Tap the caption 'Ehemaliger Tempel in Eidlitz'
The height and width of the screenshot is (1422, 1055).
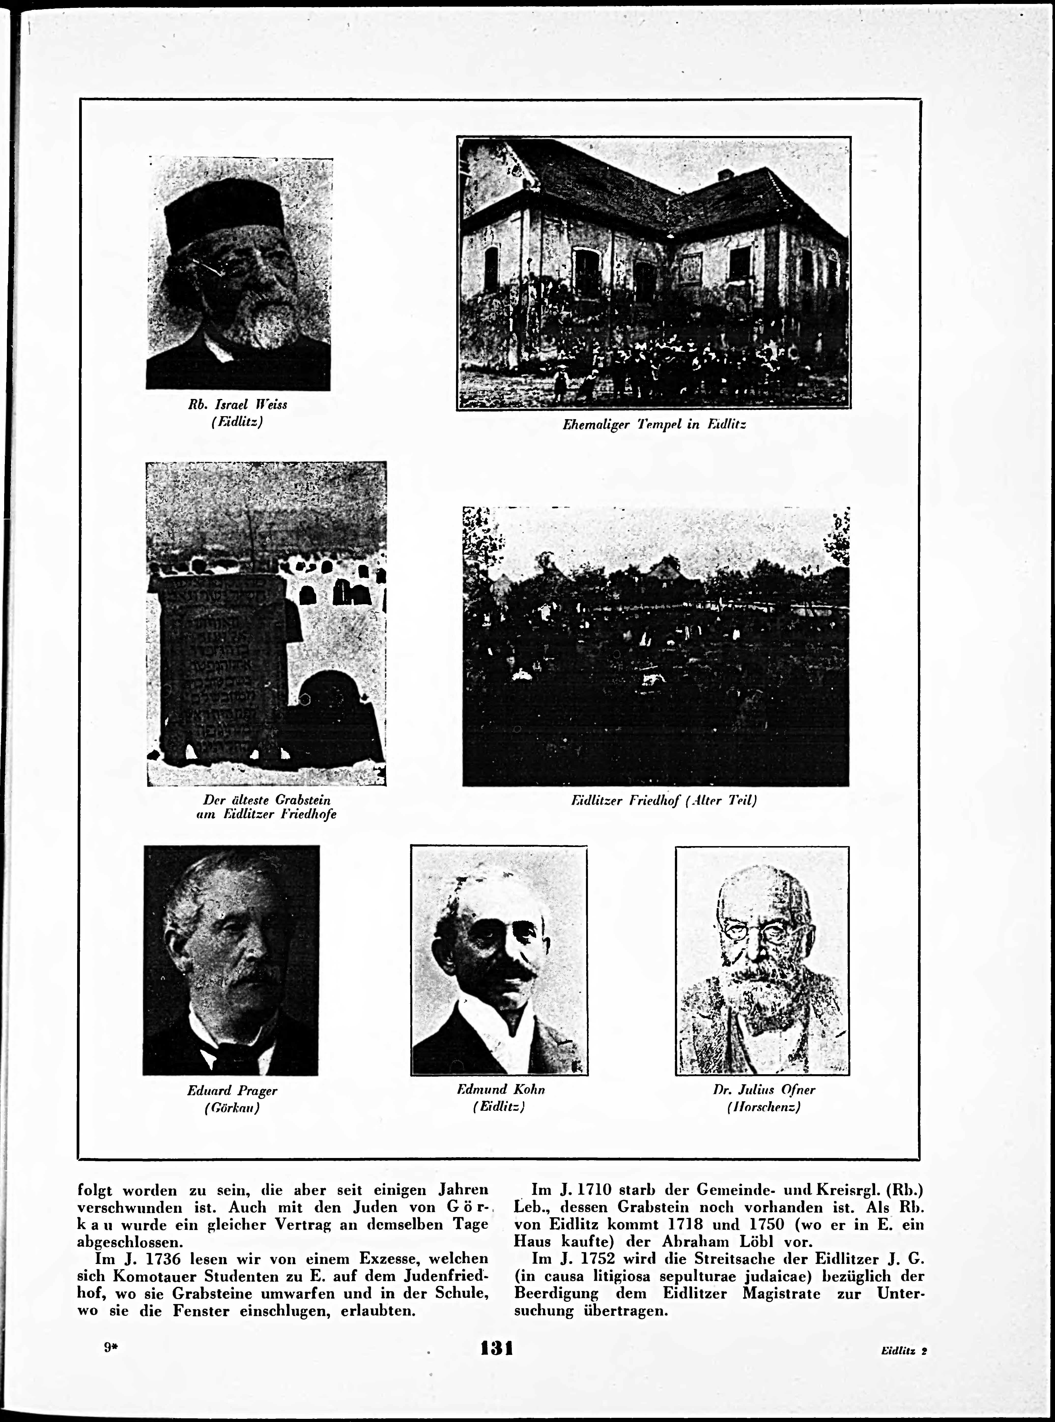pyautogui.click(x=654, y=424)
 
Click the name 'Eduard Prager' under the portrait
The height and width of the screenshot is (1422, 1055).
pyautogui.click(x=232, y=1090)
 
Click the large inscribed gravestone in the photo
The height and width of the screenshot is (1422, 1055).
pyautogui.click(x=220, y=664)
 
